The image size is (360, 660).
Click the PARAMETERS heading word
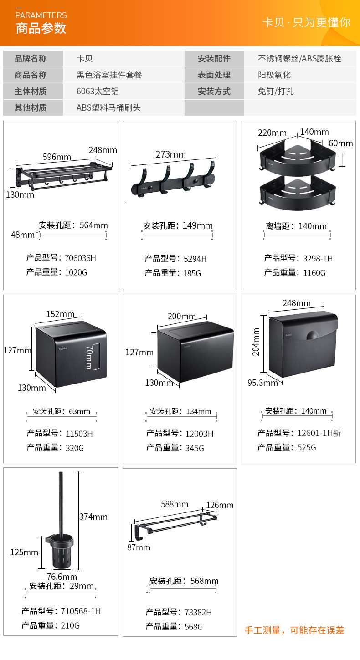(x=41, y=15)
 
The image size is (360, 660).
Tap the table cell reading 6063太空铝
(x=98, y=91)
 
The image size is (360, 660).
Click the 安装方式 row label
(x=214, y=91)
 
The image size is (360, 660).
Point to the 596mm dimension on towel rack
(x=57, y=157)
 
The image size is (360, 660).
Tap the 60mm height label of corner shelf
(x=341, y=143)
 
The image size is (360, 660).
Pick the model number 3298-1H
(x=318, y=258)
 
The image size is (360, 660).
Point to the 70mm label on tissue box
(x=89, y=357)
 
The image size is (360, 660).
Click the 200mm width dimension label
(x=182, y=316)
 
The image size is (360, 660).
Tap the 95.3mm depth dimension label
(x=262, y=383)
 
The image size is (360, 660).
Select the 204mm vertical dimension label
(x=256, y=342)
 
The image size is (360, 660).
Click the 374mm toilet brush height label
(x=93, y=517)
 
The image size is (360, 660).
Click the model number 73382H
(x=199, y=612)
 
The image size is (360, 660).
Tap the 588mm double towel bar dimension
(x=175, y=504)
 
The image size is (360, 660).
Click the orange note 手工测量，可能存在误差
(x=294, y=630)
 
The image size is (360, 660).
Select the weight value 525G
(x=307, y=447)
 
